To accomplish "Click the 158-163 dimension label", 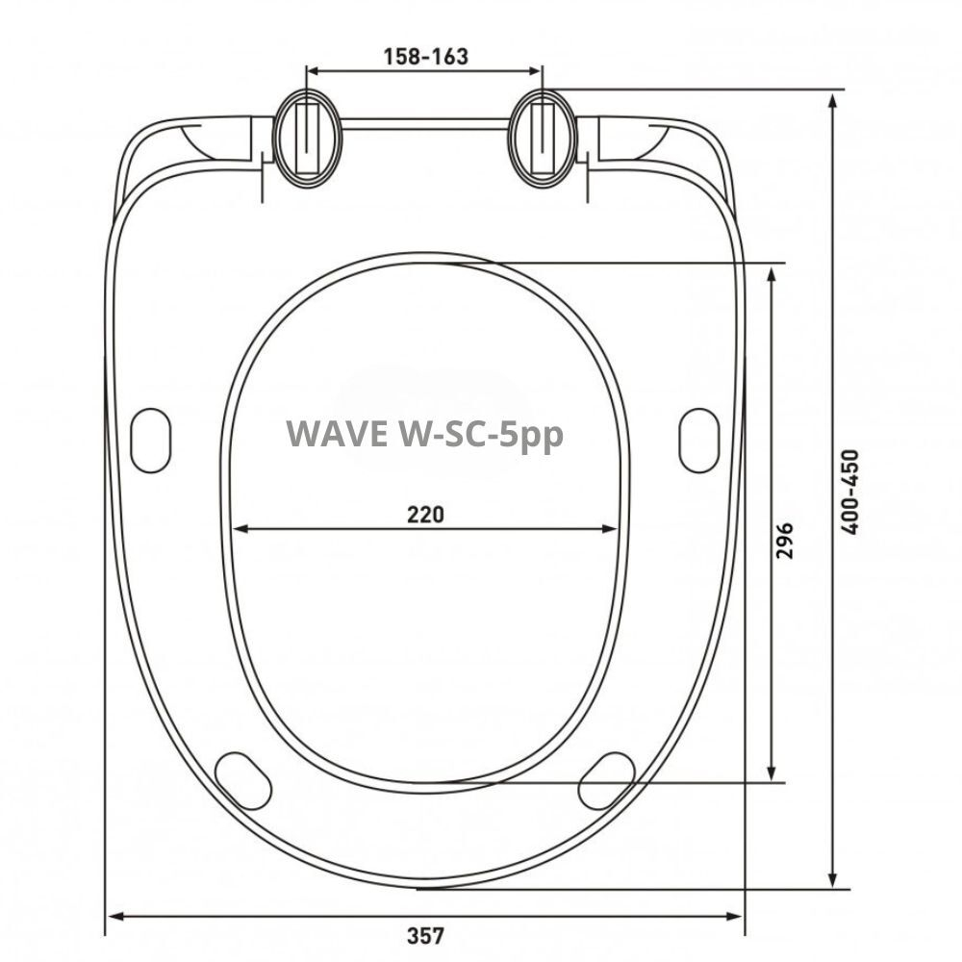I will [424, 57].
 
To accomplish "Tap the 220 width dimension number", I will [424, 514].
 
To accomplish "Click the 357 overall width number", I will [424, 934].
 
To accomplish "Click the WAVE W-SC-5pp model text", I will [424, 434].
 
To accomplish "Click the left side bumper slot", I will [151, 440].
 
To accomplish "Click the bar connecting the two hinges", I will [424, 123].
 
